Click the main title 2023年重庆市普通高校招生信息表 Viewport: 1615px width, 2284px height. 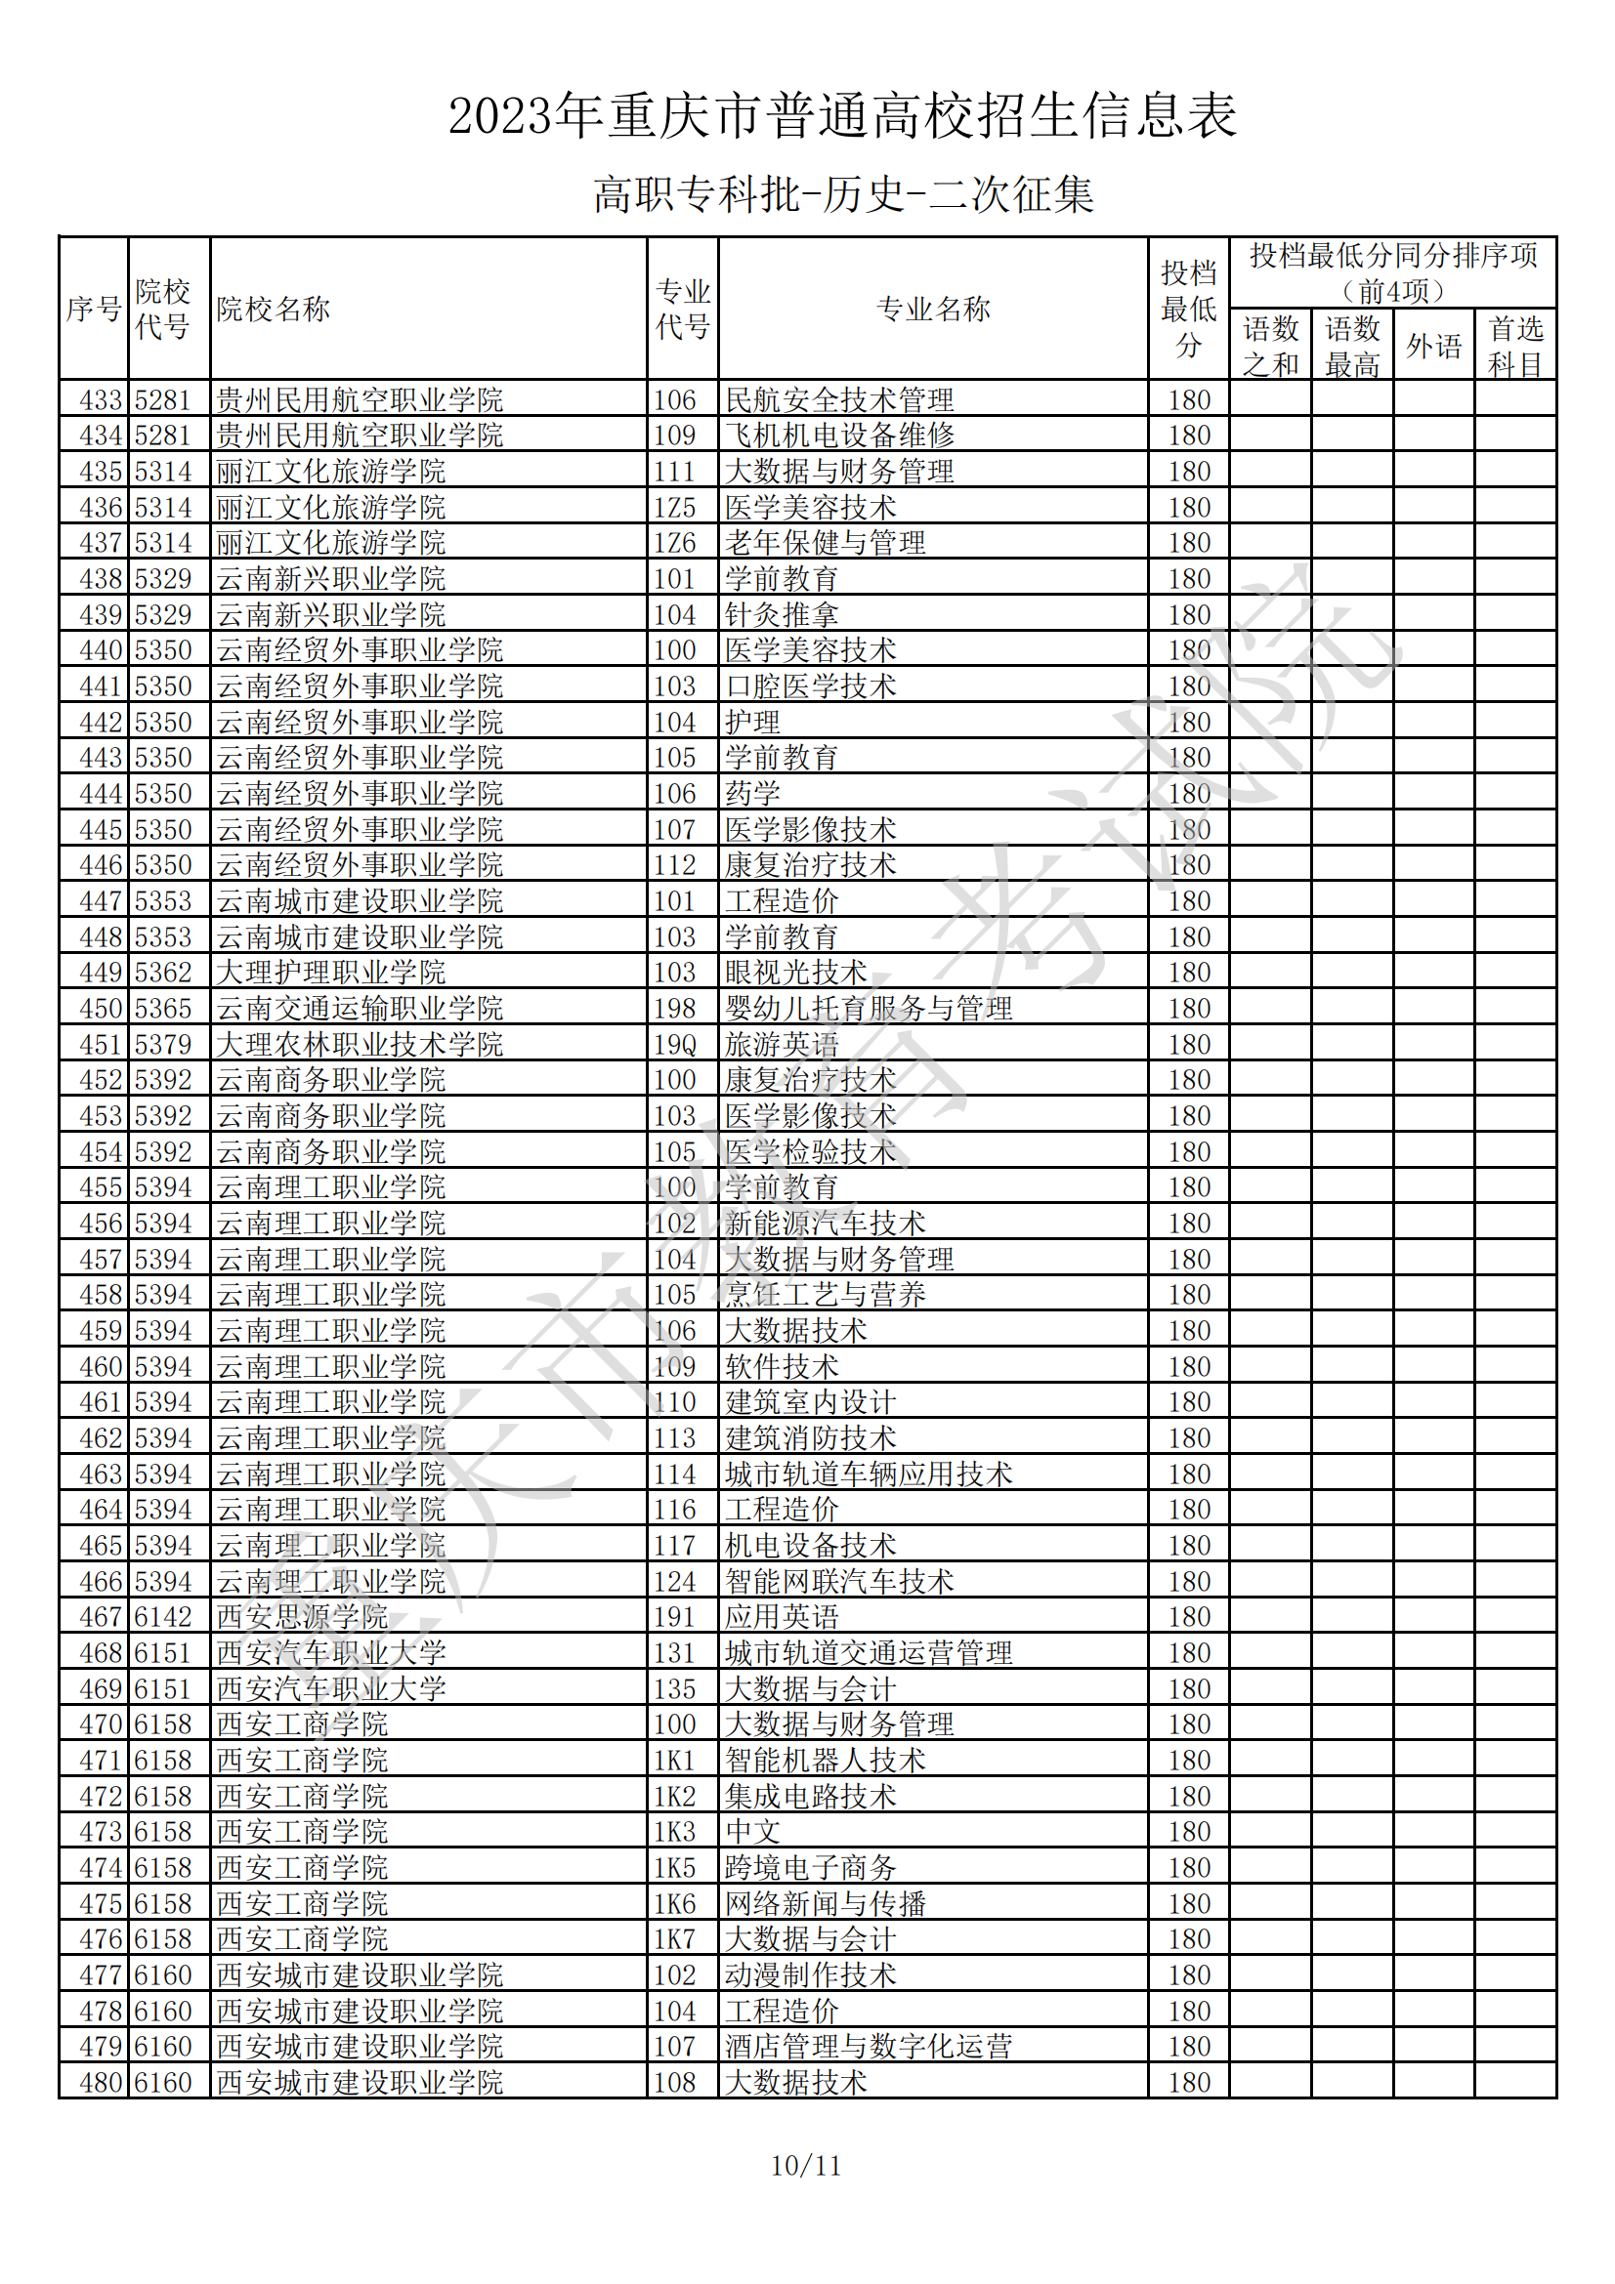tap(842, 115)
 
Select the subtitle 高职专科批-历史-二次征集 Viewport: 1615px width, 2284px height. tap(843, 194)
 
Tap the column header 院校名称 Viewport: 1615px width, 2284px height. tap(273, 310)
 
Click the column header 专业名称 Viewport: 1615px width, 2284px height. tap(932, 310)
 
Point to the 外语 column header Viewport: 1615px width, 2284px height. tap(1433, 347)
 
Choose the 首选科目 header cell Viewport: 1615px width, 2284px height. tap(1514, 347)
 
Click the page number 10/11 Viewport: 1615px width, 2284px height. tap(806, 2166)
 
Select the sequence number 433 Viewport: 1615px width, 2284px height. tap(101, 400)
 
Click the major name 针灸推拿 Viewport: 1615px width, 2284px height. tap(782, 615)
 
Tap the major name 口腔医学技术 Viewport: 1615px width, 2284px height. tap(810, 686)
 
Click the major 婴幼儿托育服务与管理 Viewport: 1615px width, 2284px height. tap(868, 1009)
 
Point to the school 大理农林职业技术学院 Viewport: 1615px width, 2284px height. tap(360, 1045)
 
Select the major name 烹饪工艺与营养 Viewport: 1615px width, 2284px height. tap(825, 1295)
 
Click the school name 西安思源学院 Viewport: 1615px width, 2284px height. tap(302, 1617)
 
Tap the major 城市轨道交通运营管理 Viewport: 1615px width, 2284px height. tap(868, 1653)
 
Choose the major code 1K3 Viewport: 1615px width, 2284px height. tap(674, 1832)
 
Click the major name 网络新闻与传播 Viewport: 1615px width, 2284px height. tap(825, 1904)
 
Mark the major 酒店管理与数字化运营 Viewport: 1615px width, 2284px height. tap(868, 2048)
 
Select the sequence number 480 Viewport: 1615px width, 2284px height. tap(101, 2083)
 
